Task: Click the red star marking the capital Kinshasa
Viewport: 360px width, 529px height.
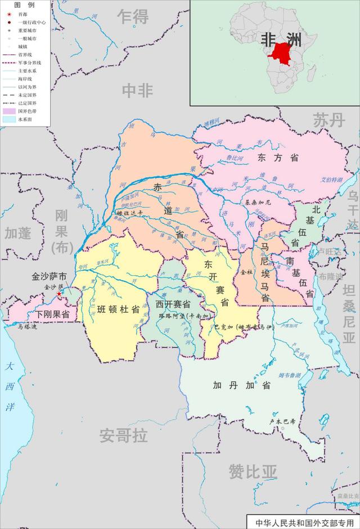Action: pyautogui.click(x=59, y=294)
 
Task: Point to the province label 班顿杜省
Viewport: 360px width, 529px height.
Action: pyautogui.click(x=118, y=310)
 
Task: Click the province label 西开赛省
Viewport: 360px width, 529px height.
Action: pyautogui.click(x=173, y=303)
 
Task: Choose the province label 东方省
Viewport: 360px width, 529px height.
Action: pyautogui.click(x=278, y=158)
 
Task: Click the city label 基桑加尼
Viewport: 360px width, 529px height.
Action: pyautogui.click(x=258, y=201)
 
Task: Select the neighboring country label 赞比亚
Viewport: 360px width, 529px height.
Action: pyautogui.click(x=253, y=471)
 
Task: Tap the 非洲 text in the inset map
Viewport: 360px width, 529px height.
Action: pyautogui.click(x=281, y=39)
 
